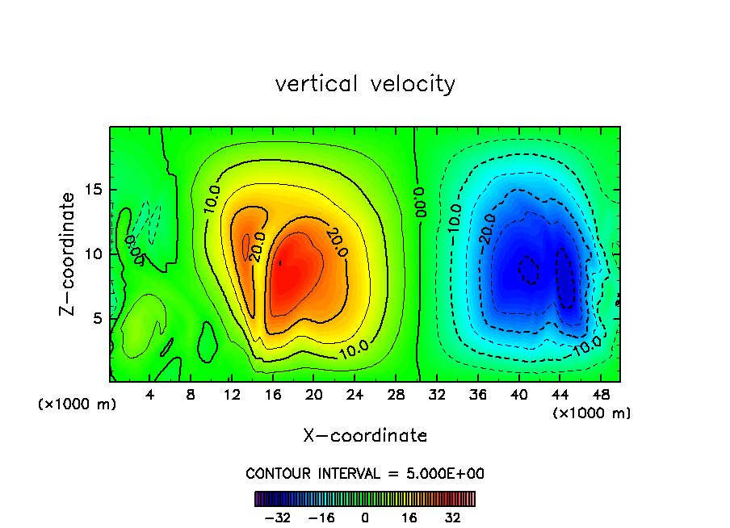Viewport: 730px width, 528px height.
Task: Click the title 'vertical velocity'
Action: (x=365, y=84)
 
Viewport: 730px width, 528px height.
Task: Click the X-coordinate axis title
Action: (x=365, y=436)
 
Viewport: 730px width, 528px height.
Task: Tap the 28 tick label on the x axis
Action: (x=396, y=395)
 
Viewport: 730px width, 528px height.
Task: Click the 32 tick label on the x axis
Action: (x=437, y=395)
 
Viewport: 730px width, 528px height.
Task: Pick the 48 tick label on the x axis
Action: (x=601, y=395)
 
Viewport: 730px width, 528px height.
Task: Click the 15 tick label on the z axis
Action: (x=93, y=191)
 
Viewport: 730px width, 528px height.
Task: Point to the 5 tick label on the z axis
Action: (x=98, y=318)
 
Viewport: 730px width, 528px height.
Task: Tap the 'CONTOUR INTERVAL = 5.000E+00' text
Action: (x=365, y=473)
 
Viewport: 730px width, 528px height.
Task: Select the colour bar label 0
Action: (x=365, y=518)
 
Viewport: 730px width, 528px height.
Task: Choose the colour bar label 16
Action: (x=409, y=518)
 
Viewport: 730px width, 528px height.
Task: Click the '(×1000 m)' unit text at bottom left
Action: (x=78, y=404)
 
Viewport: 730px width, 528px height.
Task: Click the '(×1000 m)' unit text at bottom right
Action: (x=592, y=413)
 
